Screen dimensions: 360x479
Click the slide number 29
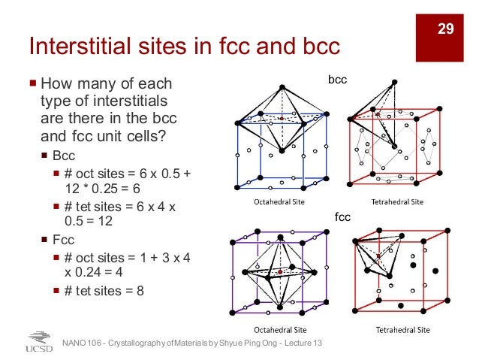[x=446, y=29]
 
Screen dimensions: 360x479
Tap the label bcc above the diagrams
[x=337, y=79]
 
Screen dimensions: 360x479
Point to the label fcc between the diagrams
[x=342, y=216]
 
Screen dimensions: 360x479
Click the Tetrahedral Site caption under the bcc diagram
[x=398, y=201]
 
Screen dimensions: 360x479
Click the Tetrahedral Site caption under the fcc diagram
[x=403, y=329]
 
